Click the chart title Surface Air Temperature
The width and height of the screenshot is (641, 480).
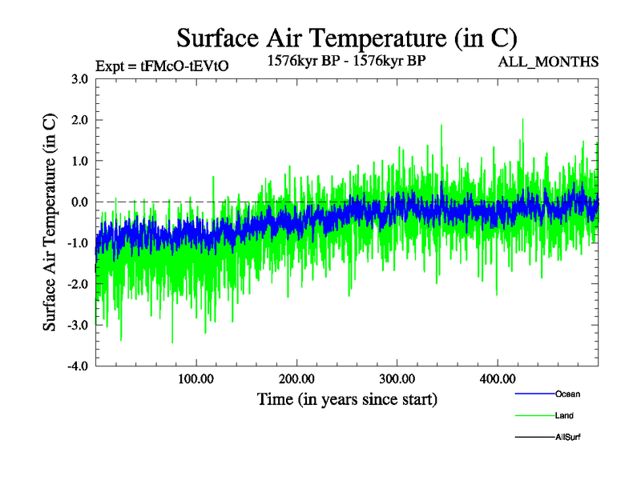point(346,38)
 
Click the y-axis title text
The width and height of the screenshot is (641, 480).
point(50,222)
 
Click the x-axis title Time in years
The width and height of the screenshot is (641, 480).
point(347,398)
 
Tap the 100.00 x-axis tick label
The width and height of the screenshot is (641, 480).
point(196,378)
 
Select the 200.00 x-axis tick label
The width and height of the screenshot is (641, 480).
point(296,378)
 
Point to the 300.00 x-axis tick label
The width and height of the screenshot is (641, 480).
point(397,378)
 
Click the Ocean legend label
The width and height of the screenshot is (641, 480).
point(567,394)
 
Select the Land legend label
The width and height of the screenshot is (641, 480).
point(564,415)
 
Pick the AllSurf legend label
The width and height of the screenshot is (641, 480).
point(569,437)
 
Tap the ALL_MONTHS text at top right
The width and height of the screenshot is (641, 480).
point(548,62)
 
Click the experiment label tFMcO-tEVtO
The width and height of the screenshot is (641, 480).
point(162,66)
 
